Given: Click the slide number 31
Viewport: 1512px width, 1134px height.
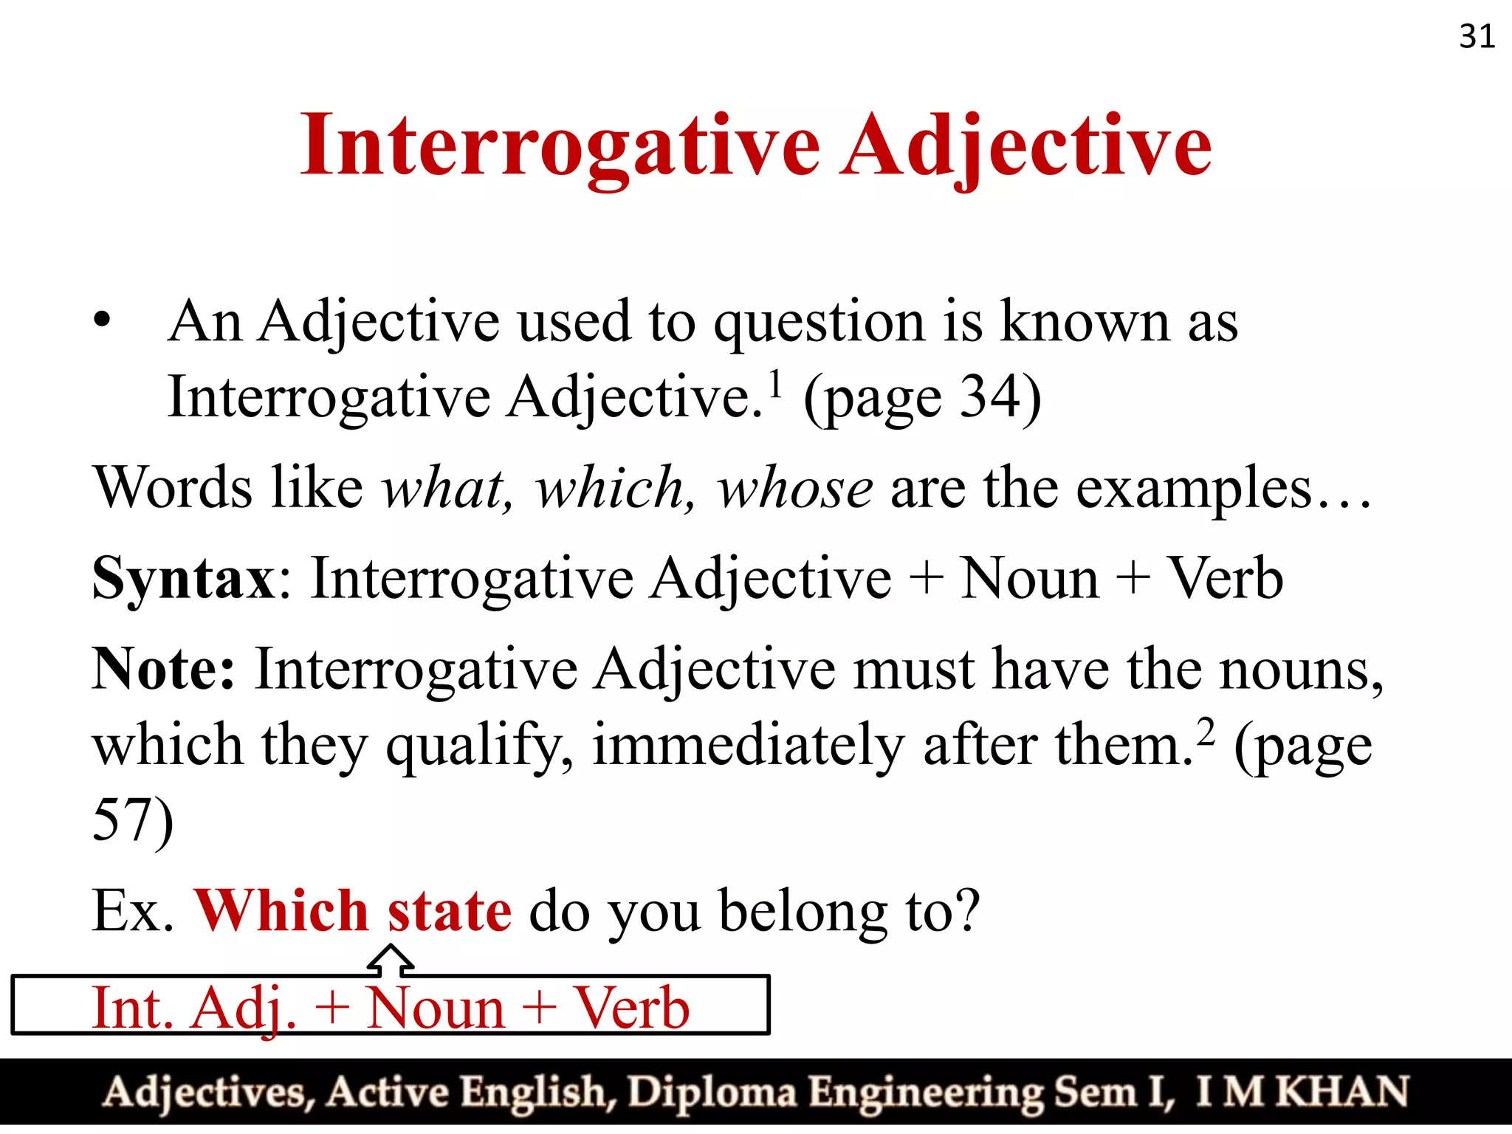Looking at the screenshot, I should pos(1477,37).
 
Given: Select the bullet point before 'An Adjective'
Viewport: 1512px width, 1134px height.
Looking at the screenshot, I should pos(102,322).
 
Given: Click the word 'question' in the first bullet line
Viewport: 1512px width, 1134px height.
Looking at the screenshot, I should pos(819,323).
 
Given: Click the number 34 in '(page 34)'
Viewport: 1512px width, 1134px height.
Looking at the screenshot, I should pos(989,397).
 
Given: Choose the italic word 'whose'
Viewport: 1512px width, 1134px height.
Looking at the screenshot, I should pos(795,488).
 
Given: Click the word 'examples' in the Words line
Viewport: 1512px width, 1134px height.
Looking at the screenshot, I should pos(1194,489).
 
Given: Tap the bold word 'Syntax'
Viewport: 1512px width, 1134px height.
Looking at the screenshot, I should pos(184,578).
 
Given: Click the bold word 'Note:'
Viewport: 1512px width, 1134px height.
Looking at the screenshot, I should pos(163,669).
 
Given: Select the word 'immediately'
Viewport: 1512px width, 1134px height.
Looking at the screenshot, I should pos(748,746).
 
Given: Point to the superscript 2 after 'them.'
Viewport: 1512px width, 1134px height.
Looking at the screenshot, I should pos(1205,732).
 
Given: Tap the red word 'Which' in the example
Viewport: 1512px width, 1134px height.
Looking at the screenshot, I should pos(281,911).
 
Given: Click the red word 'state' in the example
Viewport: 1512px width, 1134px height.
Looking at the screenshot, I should pos(449,911).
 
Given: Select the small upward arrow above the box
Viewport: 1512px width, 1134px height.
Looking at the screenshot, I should pos(391,961).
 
